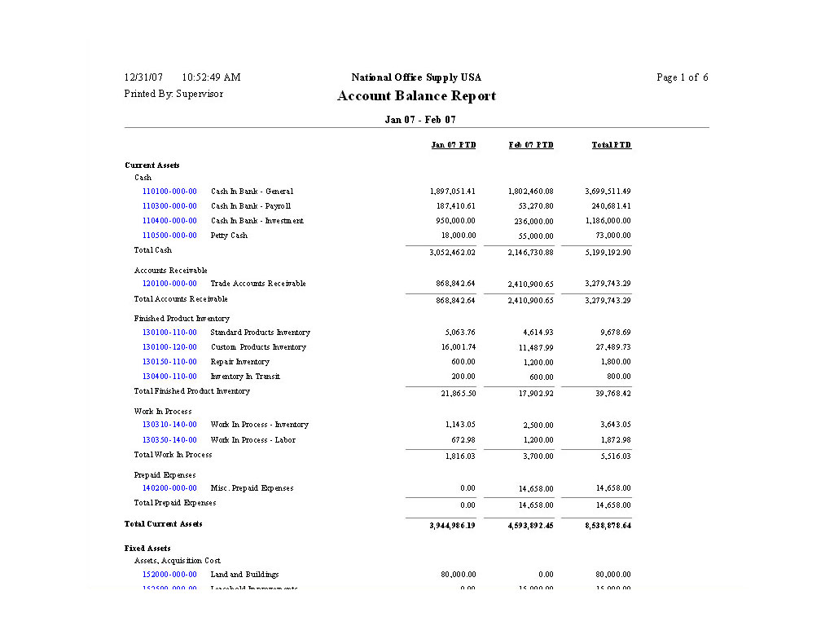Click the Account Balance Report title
pos(416,96)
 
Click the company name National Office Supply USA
pos(416,77)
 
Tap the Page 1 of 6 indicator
pos(682,77)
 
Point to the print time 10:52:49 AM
pos(211,77)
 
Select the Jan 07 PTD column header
pos(453,145)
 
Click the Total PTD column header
pos(611,145)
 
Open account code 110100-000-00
pos(169,192)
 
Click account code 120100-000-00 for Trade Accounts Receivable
pos(169,284)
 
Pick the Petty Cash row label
pos(229,236)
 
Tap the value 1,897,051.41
pos(452,192)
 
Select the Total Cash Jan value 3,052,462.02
pos(452,253)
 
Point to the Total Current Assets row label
pos(163,524)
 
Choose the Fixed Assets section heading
pos(147,549)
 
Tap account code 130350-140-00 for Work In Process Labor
pos(169,440)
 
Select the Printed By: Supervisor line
pos(173,94)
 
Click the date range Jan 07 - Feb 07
pos(419,120)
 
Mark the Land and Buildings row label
pos(244,575)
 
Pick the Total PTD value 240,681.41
pos(611,206)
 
